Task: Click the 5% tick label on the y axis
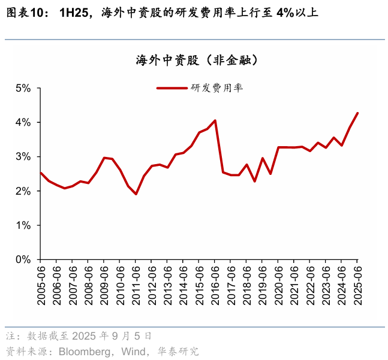point(22,88)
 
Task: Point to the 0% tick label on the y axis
point(22,259)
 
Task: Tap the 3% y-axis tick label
point(22,157)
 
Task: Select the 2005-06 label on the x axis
point(41,285)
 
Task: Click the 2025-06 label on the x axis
point(357,285)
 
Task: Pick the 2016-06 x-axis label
point(215,285)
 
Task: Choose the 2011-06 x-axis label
point(136,285)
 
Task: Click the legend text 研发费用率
point(216,88)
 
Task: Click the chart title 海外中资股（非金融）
point(197,60)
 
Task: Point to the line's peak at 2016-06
point(215,120)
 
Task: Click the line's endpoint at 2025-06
point(357,113)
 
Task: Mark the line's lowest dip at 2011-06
point(136,194)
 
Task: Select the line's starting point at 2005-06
point(41,173)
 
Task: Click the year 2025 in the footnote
point(88,335)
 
